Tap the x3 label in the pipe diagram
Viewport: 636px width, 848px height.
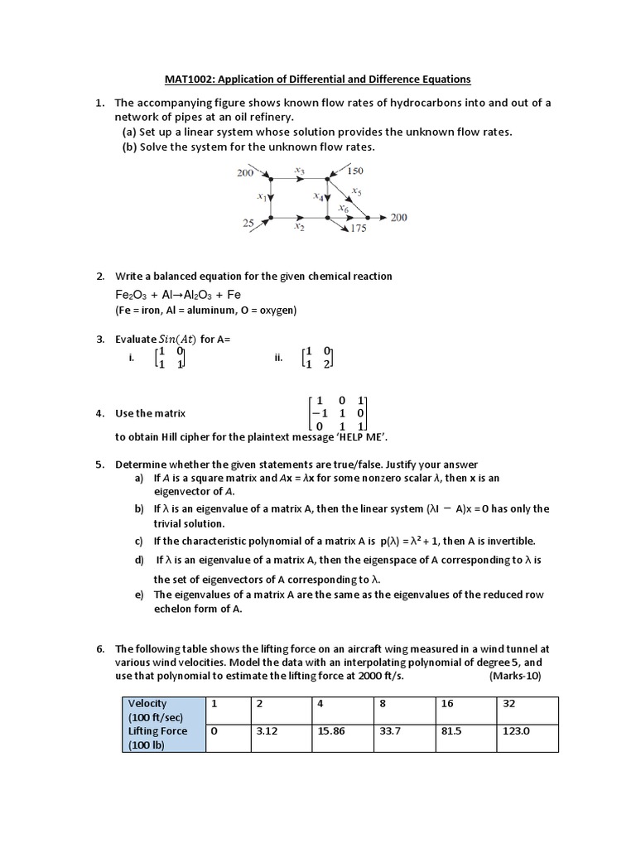(x=299, y=171)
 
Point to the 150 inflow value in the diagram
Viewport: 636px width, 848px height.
(x=355, y=171)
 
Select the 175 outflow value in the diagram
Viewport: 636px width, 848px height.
(x=358, y=229)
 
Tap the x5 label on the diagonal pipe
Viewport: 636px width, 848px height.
(x=357, y=190)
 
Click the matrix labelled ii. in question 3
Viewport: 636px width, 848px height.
(x=318, y=357)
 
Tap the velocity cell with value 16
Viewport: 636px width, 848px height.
(x=450, y=703)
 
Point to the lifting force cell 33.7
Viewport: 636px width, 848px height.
(x=389, y=731)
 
